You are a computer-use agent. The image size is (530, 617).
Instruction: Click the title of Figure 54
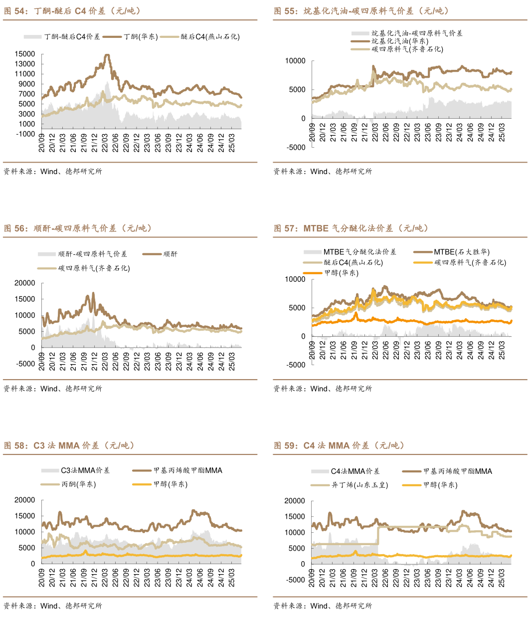(x=72, y=11)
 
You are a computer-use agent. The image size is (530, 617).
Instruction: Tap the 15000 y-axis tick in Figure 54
(x=25, y=54)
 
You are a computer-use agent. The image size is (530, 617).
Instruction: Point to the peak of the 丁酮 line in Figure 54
(x=107, y=55)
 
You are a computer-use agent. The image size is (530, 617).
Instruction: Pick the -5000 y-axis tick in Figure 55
(x=296, y=148)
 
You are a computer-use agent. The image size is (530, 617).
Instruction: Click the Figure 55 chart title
(x=361, y=11)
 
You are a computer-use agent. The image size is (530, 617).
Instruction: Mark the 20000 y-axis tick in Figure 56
(x=25, y=283)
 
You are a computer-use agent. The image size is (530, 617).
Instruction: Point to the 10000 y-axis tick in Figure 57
(x=295, y=279)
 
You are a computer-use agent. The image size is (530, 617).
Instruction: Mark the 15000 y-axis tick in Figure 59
(x=295, y=517)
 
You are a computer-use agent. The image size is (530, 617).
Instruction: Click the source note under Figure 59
(x=322, y=606)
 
